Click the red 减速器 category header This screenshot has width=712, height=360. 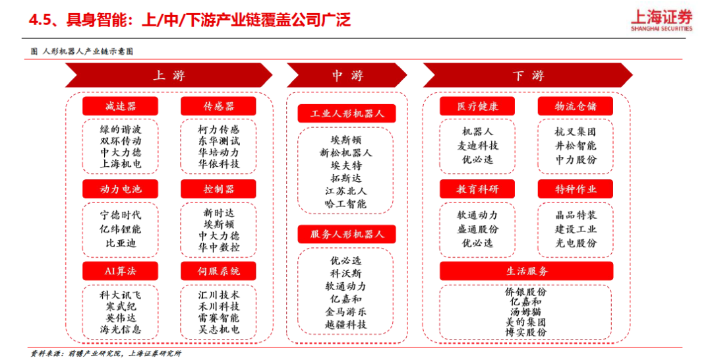(x=121, y=106)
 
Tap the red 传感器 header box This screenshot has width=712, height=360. (x=218, y=106)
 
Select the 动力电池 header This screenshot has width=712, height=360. (x=121, y=189)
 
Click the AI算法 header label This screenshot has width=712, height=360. (x=121, y=271)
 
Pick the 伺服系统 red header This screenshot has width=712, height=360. (x=218, y=271)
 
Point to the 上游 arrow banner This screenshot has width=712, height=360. (x=169, y=75)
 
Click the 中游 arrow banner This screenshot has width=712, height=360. (x=347, y=75)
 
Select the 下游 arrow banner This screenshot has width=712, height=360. (x=527, y=75)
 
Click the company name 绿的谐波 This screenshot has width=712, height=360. (x=121, y=129)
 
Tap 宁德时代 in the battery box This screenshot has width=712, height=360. (x=121, y=215)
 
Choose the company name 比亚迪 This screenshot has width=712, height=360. (x=121, y=243)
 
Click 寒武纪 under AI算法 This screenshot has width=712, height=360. (x=121, y=307)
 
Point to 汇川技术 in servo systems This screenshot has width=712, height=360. (x=218, y=295)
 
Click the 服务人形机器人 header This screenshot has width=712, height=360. (x=347, y=234)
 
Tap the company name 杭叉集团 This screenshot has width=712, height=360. (x=576, y=132)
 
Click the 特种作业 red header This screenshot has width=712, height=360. (x=576, y=189)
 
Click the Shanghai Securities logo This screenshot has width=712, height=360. (x=662, y=20)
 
